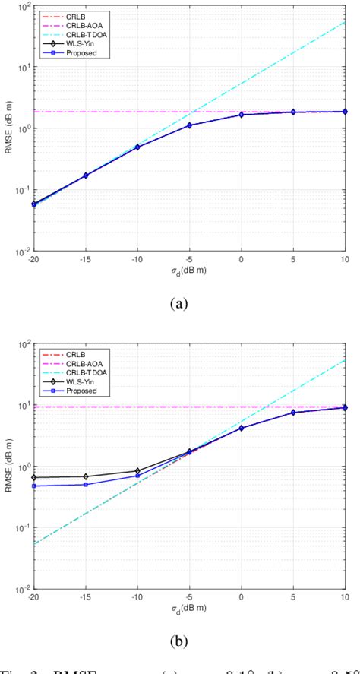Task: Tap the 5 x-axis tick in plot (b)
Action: [293, 597]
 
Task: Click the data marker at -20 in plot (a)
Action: [33, 204]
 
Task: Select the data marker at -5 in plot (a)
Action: [190, 125]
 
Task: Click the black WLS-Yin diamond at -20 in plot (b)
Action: [33, 477]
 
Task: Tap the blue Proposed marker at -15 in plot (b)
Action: [85, 484]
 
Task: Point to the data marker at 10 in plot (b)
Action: [346, 407]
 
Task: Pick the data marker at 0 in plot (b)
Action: [242, 428]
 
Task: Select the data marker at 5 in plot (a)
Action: [293, 112]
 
